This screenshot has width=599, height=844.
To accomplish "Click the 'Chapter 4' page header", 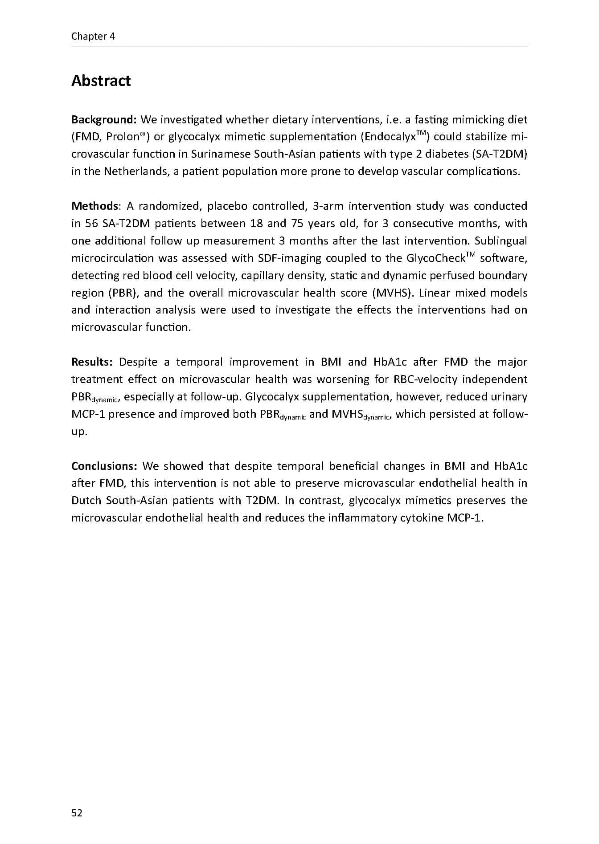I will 93,37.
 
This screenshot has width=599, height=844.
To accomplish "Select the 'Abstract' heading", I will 101,81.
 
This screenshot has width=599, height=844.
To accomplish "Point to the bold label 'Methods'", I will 94,206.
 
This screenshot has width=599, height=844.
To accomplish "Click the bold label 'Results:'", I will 92,362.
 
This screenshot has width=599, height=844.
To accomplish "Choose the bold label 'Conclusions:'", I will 104,466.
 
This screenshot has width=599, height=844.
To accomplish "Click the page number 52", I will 77,813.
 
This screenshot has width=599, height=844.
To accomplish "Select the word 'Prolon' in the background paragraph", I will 123,137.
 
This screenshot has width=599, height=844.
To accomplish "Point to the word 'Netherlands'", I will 136,171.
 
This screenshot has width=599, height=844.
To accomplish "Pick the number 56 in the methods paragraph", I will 91,224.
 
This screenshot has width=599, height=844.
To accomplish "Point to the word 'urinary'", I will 509,397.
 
